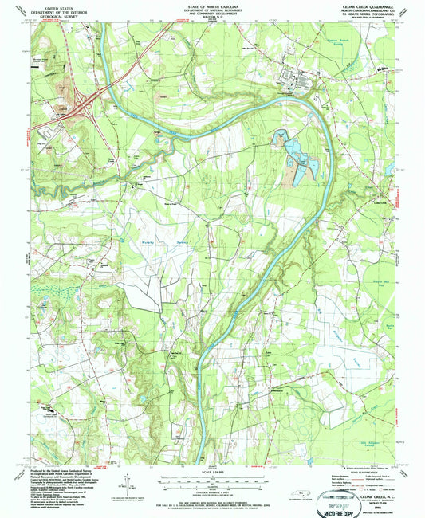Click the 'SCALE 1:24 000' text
click(x=211, y=473)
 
